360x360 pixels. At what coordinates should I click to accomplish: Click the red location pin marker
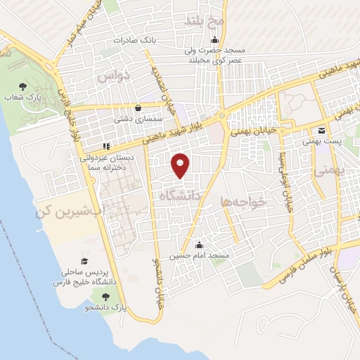click(x=181, y=165)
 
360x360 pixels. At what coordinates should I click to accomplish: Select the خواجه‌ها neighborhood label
click(x=243, y=202)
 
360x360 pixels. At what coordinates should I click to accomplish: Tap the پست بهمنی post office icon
click(x=321, y=131)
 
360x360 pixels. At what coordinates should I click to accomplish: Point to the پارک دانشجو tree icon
click(x=105, y=297)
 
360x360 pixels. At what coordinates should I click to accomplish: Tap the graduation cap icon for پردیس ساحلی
click(x=84, y=260)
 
